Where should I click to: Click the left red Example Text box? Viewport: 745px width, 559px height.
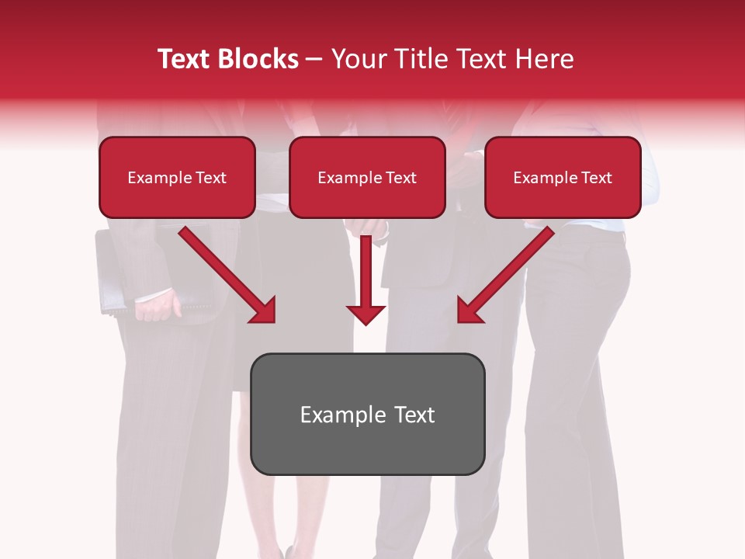(177, 178)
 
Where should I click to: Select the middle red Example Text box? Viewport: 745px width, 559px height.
(367, 178)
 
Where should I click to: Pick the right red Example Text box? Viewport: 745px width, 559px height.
(563, 178)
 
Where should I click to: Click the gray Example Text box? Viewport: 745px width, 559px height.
(367, 415)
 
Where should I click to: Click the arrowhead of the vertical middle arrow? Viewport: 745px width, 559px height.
(366, 314)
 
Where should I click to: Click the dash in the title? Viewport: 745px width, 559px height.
(314, 59)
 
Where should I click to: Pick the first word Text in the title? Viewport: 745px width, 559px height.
(185, 59)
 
